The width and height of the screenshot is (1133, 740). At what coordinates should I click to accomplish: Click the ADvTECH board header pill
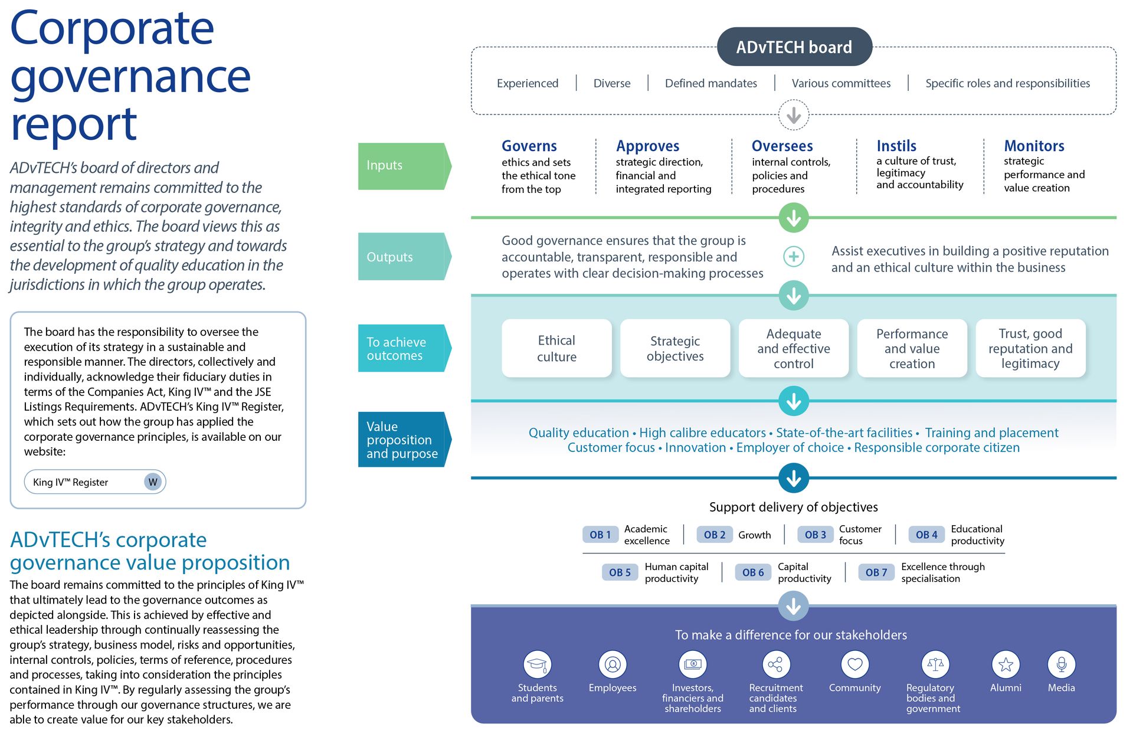click(x=794, y=47)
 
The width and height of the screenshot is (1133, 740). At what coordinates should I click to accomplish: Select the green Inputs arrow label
click(x=403, y=166)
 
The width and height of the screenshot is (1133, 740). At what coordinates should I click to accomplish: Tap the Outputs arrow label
click(x=403, y=257)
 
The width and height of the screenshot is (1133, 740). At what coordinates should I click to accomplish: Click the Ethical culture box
click(x=556, y=348)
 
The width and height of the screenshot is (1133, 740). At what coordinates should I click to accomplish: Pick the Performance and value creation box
click(x=912, y=348)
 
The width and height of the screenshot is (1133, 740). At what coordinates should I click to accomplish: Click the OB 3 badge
click(x=815, y=535)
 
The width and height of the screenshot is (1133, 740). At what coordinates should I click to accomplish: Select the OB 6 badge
click(x=752, y=572)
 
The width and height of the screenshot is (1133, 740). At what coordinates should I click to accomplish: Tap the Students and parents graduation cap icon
click(x=537, y=664)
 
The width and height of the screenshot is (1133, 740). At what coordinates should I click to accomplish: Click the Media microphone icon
click(x=1061, y=664)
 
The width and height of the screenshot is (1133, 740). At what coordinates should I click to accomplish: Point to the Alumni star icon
click(x=1006, y=664)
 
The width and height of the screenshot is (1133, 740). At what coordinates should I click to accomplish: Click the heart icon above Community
click(x=854, y=664)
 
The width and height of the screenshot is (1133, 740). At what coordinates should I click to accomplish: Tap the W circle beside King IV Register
click(x=153, y=482)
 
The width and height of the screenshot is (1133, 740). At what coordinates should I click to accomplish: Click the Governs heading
click(x=529, y=146)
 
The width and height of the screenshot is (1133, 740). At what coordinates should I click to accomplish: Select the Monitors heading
click(x=1034, y=146)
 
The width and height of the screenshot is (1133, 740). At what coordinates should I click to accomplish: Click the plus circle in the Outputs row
click(x=794, y=257)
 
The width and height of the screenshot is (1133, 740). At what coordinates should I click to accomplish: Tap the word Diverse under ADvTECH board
click(x=611, y=83)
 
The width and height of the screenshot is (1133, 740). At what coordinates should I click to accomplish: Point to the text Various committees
click(x=841, y=83)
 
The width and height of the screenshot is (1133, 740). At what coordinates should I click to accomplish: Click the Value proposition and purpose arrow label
click(x=403, y=440)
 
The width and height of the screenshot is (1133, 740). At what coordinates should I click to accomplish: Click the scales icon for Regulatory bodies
click(x=935, y=664)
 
